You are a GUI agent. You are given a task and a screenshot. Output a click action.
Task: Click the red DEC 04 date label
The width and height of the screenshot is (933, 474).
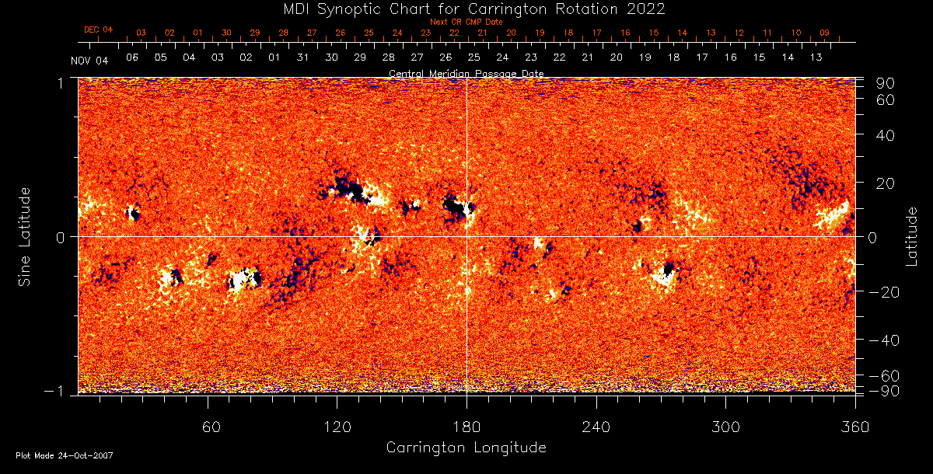(98, 30)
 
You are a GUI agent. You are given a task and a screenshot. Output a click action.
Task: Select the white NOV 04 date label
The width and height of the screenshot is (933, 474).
(89, 61)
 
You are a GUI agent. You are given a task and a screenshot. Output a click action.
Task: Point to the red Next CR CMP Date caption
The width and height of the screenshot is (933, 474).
(466, 22)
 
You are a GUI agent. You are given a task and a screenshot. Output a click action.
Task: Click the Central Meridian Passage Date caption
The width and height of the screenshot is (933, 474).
(466, 74)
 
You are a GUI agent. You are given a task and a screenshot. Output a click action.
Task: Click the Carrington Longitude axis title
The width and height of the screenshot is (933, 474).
(466, 448)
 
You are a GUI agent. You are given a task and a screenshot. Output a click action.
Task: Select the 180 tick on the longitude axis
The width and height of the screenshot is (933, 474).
(466, 427)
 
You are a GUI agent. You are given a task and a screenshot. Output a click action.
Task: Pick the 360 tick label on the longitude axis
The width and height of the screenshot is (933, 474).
(854, 427)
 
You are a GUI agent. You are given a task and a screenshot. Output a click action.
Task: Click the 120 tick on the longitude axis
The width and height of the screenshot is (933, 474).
(337, 427)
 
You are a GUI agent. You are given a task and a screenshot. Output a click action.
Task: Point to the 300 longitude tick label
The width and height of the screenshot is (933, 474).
(725, 427)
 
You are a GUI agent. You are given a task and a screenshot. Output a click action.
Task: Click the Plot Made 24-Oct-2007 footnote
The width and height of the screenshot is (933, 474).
(64, 455)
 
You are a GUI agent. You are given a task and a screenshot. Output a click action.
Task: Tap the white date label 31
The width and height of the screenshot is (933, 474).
(302, 58)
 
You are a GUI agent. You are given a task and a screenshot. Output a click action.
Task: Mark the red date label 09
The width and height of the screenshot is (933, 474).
(824, 33)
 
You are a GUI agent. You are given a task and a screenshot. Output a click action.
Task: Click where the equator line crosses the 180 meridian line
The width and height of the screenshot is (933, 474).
(466, 236)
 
